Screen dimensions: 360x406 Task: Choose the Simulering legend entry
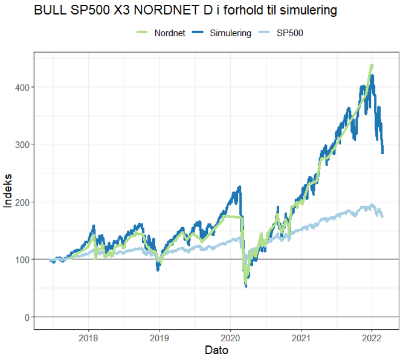230,33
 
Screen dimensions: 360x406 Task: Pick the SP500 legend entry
289,33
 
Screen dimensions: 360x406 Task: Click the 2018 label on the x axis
89,338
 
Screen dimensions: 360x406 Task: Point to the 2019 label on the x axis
159,338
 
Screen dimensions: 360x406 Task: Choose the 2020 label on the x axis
230,338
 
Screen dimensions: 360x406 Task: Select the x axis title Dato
216,350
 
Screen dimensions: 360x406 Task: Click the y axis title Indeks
8,191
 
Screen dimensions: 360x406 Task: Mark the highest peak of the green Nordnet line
372,65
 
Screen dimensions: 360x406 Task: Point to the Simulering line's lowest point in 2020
246,286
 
